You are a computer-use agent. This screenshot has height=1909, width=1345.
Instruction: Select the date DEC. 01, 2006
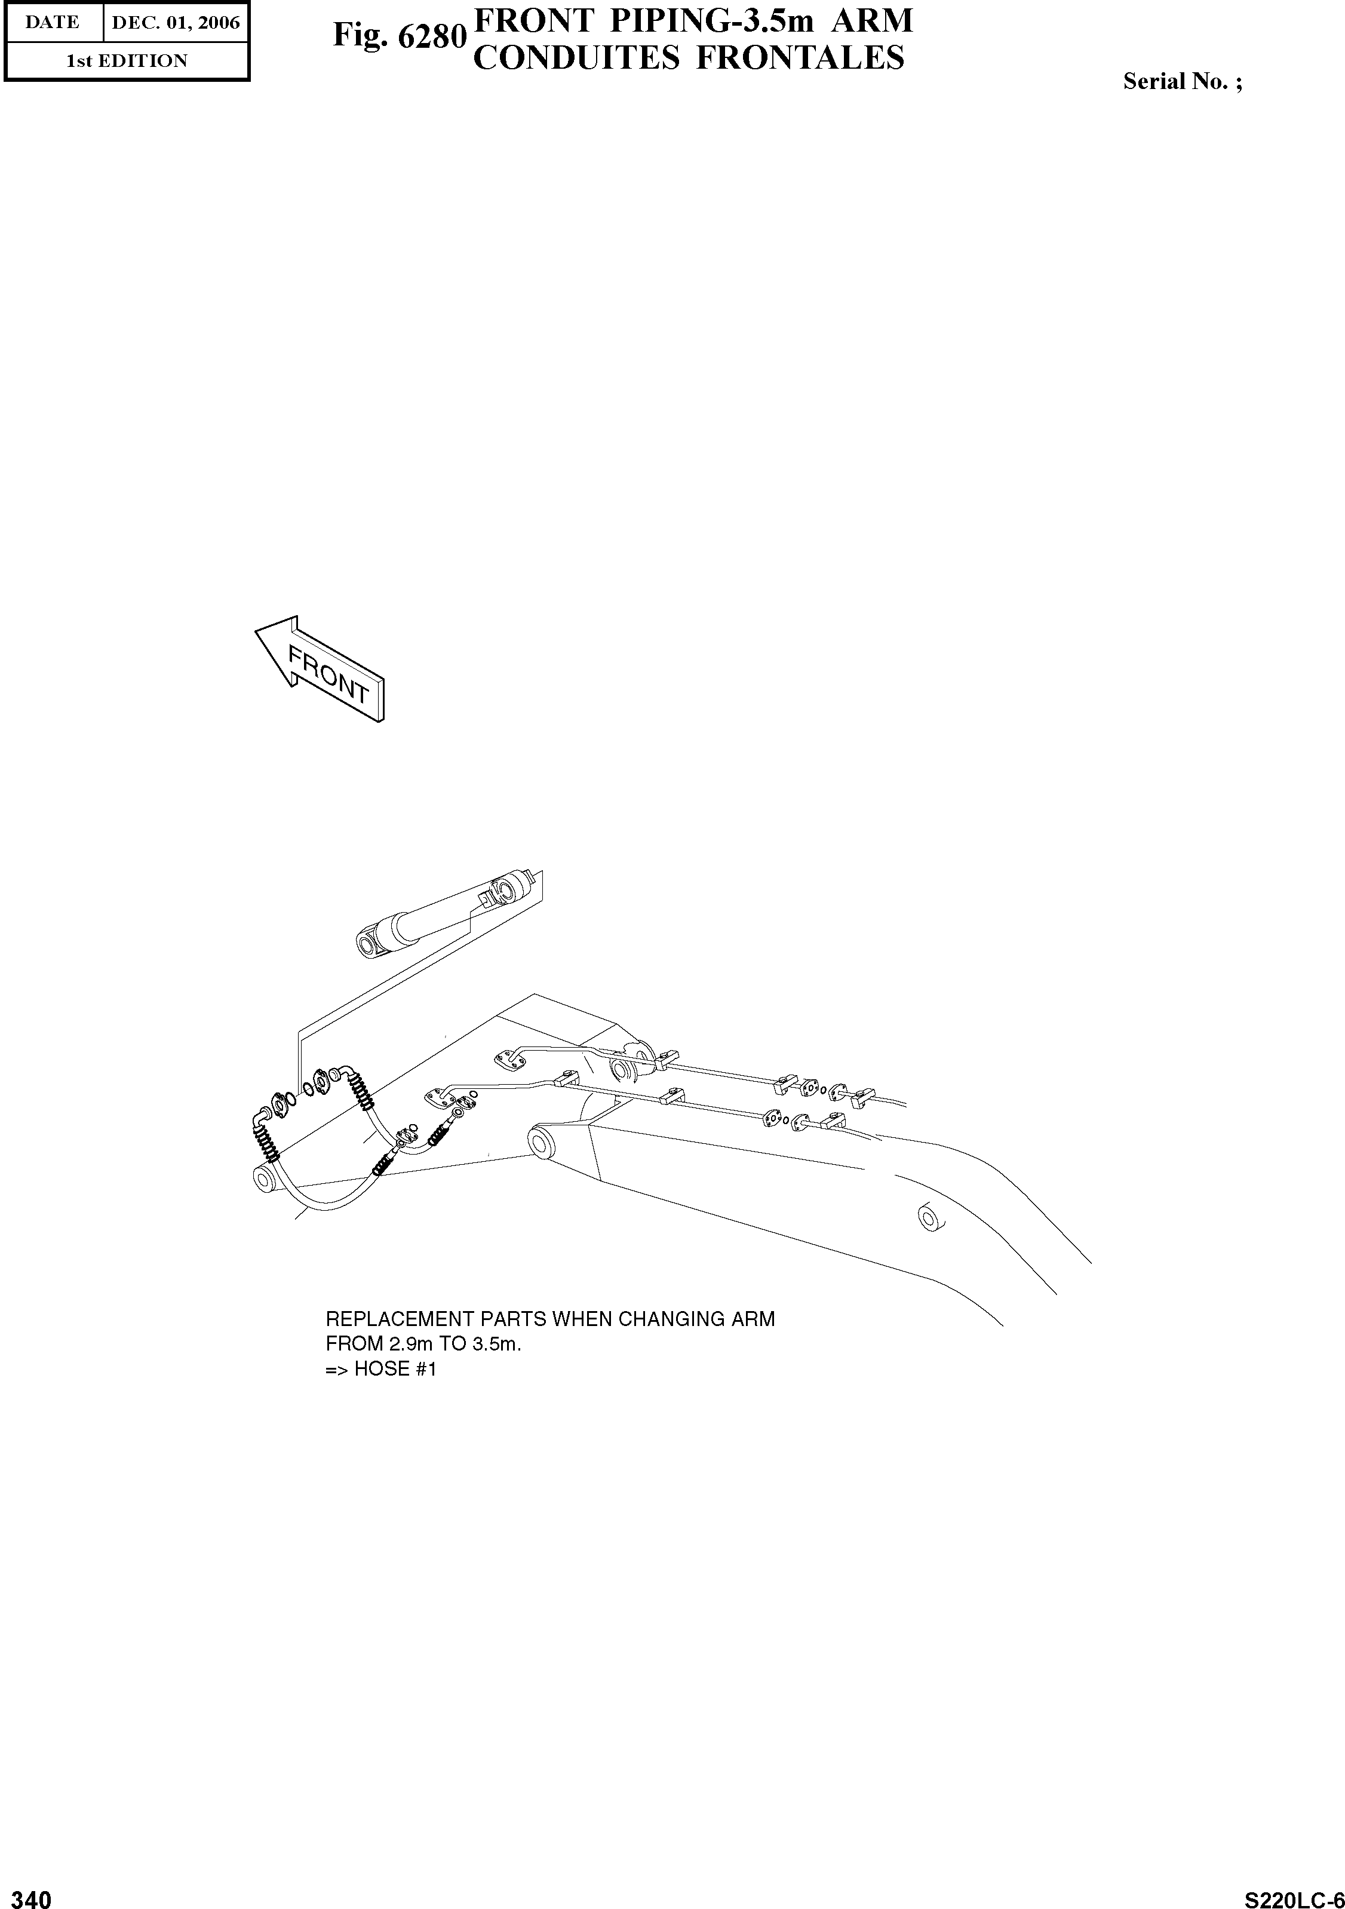[176, 23]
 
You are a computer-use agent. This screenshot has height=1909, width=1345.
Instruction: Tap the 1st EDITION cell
[127, 61]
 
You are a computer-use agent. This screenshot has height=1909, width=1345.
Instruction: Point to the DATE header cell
[53, 23]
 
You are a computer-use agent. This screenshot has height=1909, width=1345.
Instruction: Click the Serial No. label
[1182, 81]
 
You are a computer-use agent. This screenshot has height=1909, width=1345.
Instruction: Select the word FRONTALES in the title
[800, 58]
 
